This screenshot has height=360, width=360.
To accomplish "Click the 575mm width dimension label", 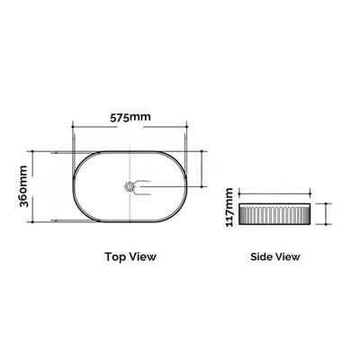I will click(x=130, y=118).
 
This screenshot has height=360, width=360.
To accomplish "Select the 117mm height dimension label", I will click(x=232, y=207).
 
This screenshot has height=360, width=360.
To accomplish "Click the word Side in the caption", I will click(x=262, y=256).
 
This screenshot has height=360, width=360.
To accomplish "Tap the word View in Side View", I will click(x=287, y=256).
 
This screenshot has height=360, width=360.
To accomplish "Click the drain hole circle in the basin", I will click(x=131, y=186).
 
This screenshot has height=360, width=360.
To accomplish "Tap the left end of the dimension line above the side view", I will click(x=244, y=192).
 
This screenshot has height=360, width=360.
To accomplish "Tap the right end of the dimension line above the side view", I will click(x=310, y=192).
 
